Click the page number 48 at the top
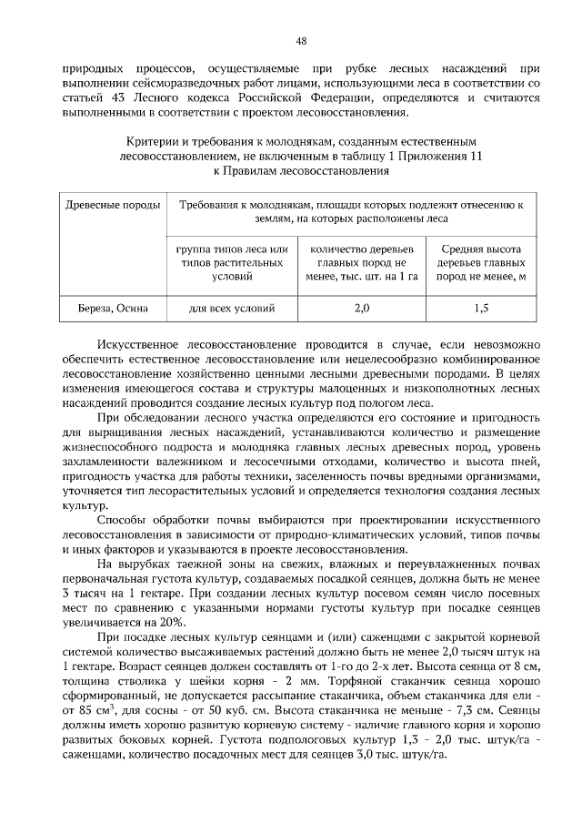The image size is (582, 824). click(x=300, y=40)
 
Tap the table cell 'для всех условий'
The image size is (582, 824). click(x=231, y=309)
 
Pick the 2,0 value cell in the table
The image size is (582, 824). click(x=361, y=309)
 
